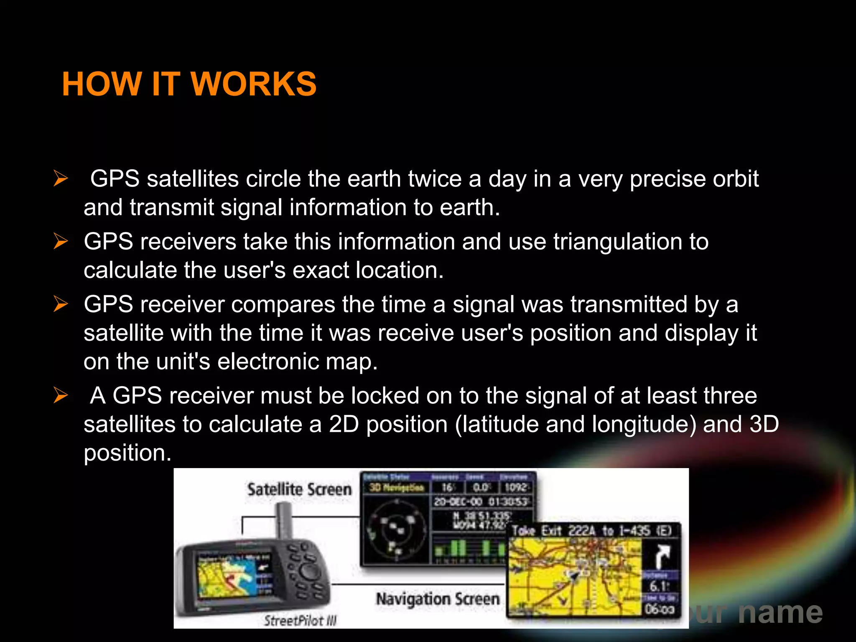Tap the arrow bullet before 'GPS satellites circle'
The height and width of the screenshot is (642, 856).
61,178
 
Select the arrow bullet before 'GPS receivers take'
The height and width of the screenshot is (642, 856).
61,241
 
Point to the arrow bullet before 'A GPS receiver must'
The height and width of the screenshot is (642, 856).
61,395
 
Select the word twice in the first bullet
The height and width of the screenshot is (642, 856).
434,179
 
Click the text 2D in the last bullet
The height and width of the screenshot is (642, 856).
344,424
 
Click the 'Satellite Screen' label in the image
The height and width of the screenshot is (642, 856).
299,489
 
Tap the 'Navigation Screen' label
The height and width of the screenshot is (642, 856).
438,599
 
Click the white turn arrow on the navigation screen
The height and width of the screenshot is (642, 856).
660,556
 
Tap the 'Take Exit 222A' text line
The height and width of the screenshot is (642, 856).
591,531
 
